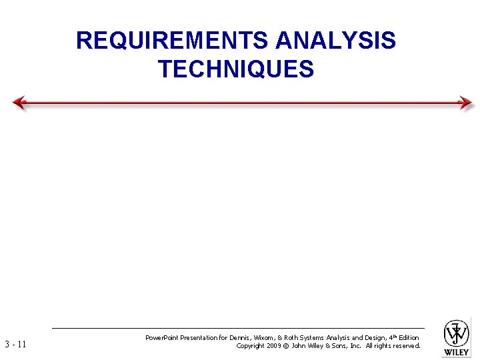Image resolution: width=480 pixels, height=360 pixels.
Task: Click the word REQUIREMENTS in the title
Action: pyautogui.click(x=173, y=41)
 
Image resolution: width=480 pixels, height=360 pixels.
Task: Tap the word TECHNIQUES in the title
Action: pyautogui.click(x=236, y=69)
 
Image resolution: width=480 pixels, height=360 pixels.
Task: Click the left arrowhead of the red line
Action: pyautogui.click(x=19, y=103)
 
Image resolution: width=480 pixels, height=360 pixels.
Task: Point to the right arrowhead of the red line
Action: pyautogui.click(x=466, y=103)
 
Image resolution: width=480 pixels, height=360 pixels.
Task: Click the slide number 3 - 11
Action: pyautogui.click(x=15, y=345)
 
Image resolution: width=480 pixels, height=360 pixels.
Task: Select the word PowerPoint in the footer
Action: pyautogui.click(x=164, y=338)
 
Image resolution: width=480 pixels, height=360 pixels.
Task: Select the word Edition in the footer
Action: pyautogui.click(x=408, y=338)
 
